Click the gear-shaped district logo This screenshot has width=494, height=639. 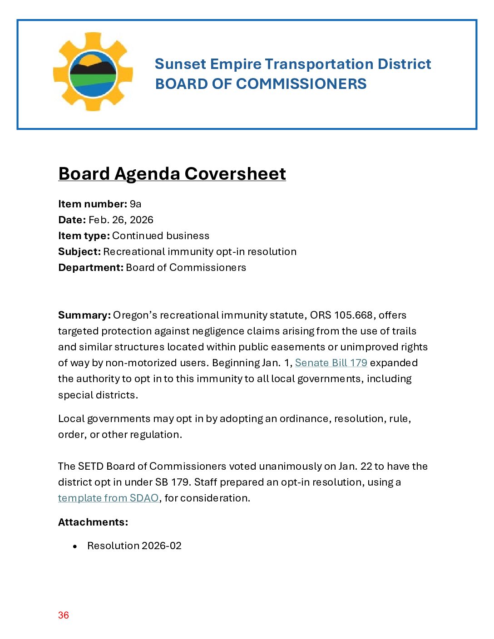point(93,72)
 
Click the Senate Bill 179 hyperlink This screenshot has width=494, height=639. point(331,363)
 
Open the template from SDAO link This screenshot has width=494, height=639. point(108,498)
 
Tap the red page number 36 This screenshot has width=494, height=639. point(64,615)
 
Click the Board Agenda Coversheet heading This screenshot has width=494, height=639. point(172,174)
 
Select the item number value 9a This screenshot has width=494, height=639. point(135,204)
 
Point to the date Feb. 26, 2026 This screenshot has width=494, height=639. point(121,220)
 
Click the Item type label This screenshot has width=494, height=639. point(84,236)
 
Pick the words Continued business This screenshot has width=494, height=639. point(161,236)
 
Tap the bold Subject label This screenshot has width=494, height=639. point(79,251)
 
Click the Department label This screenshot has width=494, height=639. point(90,267)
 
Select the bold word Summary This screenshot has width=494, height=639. point(84,315)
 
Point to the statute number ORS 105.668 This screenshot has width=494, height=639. point(341,315)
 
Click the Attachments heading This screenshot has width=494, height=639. point(93,522)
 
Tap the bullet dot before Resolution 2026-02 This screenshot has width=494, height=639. point(75,546)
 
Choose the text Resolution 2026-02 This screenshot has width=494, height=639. point(134,546)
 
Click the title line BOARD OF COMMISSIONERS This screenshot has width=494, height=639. point(261,84)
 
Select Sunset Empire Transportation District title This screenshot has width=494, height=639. point(293,64)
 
